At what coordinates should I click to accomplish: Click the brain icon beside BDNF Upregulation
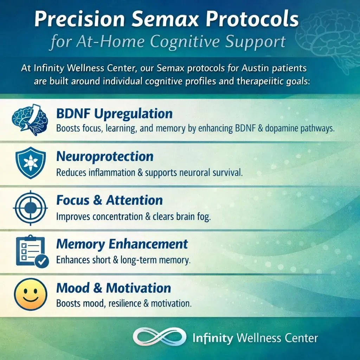(30, 119)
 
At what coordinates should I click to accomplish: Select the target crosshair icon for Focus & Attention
(30, 207)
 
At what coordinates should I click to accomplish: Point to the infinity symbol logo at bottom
(159, 337)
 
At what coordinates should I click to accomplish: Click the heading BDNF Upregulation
(114, 114)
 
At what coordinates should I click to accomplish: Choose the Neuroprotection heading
(105, 156)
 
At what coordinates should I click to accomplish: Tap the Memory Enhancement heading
(122, 244)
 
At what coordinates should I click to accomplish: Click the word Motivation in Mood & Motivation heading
(139, 288)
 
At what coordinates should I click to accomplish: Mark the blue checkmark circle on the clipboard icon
(42, 261)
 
